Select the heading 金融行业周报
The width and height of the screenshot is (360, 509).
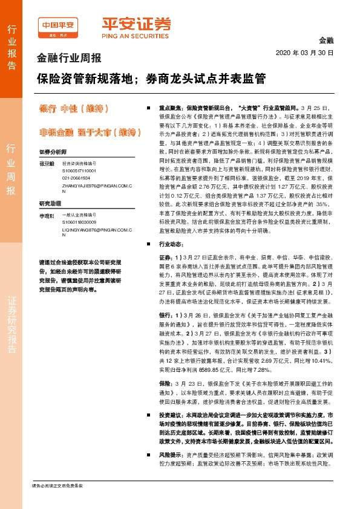[69, 59]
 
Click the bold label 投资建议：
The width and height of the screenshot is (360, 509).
[172, 400]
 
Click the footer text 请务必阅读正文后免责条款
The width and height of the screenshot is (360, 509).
[57, 486]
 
